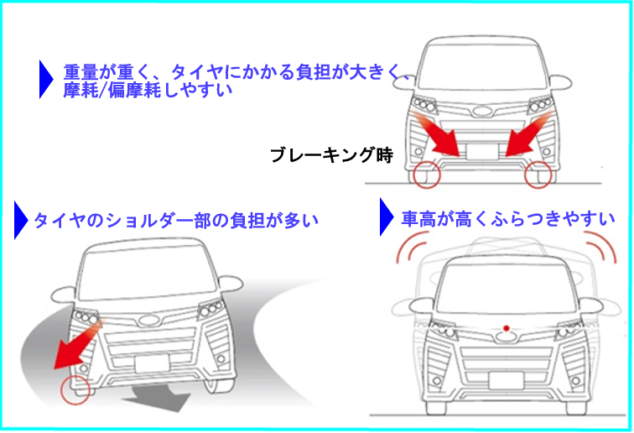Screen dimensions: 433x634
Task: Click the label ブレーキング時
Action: (x=331, y=154)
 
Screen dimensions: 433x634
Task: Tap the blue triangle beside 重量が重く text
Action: (x=46, y=79)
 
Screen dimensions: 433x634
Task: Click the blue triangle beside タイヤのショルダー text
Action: (x=23, y=221)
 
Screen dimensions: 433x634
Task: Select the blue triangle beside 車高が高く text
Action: (x=387, y=217)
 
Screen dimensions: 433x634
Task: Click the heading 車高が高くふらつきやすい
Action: (x=508, y=219)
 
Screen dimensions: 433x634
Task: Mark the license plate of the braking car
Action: (x=482, y=151)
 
